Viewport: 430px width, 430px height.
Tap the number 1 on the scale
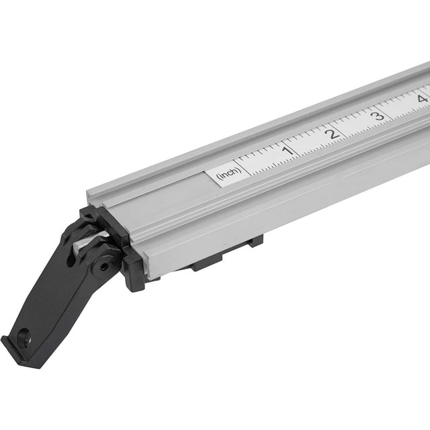[x=287, y=149]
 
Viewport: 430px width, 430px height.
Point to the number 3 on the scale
[x=378, y=115]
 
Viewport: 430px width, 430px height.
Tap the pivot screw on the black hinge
[x=102, y=266]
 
